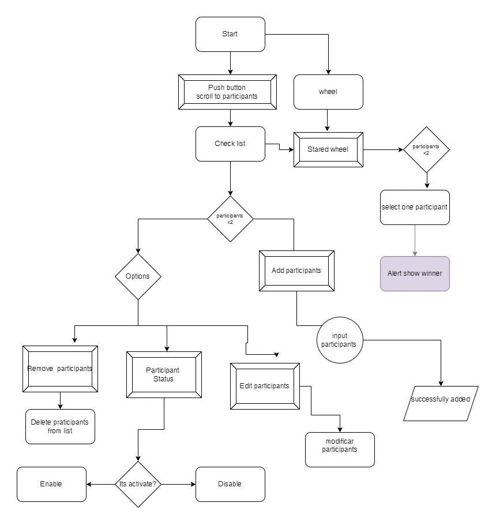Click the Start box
tap(230, 34)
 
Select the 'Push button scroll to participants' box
tap(230, 92)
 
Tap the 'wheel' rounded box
tap(328, 92)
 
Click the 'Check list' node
tap(230, 144)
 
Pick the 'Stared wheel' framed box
tap(328, 150)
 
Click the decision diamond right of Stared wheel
tap(426, 150)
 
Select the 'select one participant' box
tap(415, 207)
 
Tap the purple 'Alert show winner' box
tap(415, 273)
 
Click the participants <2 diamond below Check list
tap(230, 219)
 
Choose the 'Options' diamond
tap(138, 276)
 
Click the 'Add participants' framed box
tap(296, 271)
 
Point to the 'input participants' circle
tap(340, 340)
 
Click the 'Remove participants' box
tap(60, 369)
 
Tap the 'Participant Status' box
tap(164, 374)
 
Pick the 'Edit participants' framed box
tap(265, 386)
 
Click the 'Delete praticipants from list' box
tap(60, 426)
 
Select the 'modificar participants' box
tap(340, 449)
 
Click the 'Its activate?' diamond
tap(138, 484)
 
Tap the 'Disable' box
tap(230, 484)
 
